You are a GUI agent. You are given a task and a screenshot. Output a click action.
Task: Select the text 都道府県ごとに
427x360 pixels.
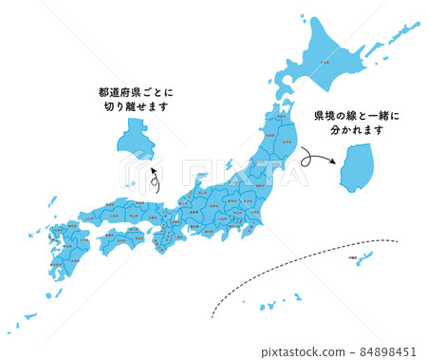(x=137, y=92)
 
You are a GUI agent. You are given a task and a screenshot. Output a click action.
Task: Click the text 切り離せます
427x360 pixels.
(x=137, y=107)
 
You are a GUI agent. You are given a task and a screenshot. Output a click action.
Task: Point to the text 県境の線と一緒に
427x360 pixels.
(x=358, y=117)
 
